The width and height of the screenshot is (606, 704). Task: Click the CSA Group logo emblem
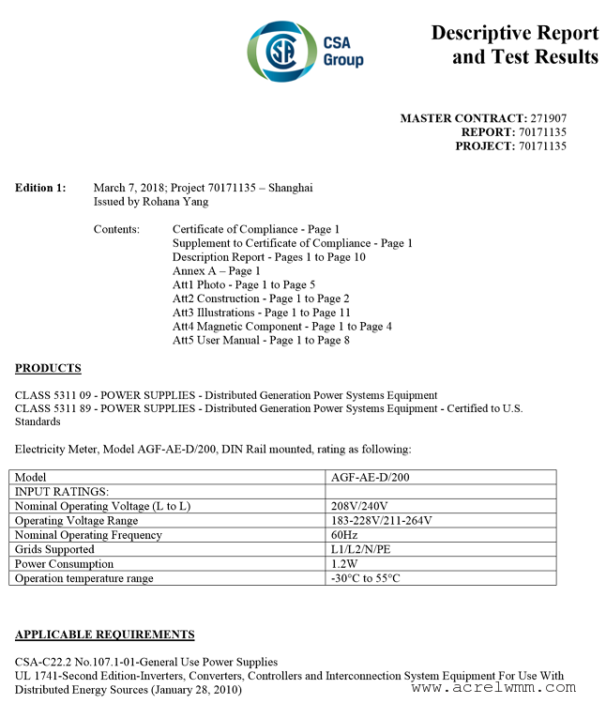pos(280,50)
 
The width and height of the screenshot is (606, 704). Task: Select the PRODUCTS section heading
pos(48,368)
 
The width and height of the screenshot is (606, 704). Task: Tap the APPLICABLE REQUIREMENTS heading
pos(105,635)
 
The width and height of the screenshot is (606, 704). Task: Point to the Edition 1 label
pos(40,188)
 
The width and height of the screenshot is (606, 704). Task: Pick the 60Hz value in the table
pos(344,535)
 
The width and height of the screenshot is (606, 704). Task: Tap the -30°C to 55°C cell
pos(365,578)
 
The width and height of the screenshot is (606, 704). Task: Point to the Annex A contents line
pos(217,270)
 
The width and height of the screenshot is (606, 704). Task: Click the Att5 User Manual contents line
pos(261,340)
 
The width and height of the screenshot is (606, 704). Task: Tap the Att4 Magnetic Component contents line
pos(281,326)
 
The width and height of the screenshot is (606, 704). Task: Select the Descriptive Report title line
pos(514,33)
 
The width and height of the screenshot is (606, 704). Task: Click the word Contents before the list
pos(116,229)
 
